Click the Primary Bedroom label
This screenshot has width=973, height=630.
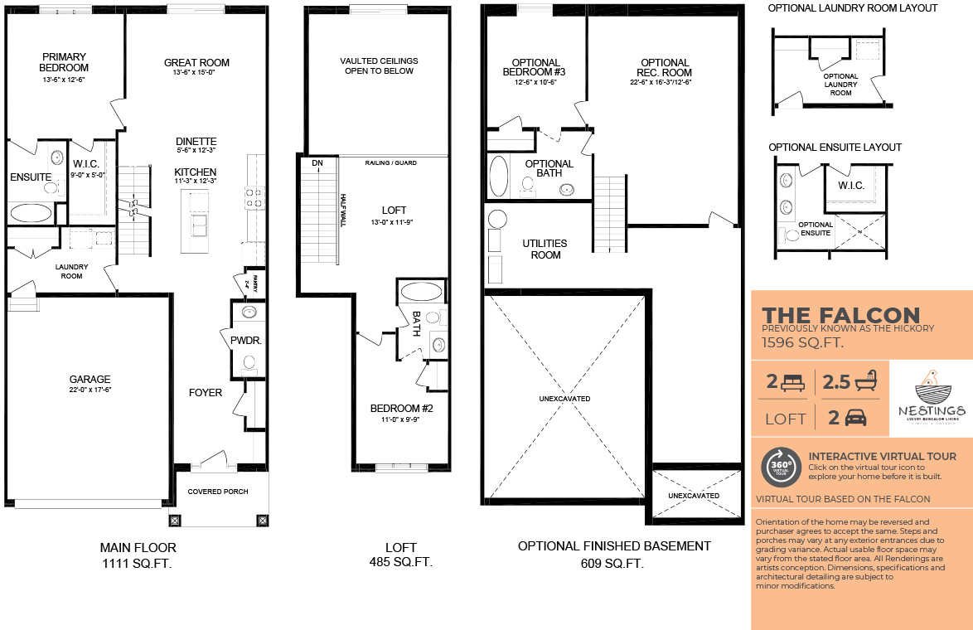pos(64,62)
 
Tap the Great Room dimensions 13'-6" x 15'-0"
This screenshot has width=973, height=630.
pos(196,73)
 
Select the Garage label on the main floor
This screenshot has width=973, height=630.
pos(90,380)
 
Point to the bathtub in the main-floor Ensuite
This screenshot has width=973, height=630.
pos(31,213)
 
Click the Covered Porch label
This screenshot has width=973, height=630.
pos(217,492)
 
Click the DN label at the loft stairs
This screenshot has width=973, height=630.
pos(317,163)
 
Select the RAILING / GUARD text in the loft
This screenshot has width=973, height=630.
pos(390,163)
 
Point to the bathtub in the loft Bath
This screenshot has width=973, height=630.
pos(421,292)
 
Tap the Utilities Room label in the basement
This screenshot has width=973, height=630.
pos(545,249)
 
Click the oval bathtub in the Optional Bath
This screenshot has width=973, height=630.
pos(500,176)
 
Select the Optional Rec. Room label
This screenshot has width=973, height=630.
pos(665,67)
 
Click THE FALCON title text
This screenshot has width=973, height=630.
pos(840,315)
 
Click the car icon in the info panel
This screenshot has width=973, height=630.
pos(855,418)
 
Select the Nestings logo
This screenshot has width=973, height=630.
pos(932,398)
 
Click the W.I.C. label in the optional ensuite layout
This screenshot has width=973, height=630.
pos(850,186)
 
